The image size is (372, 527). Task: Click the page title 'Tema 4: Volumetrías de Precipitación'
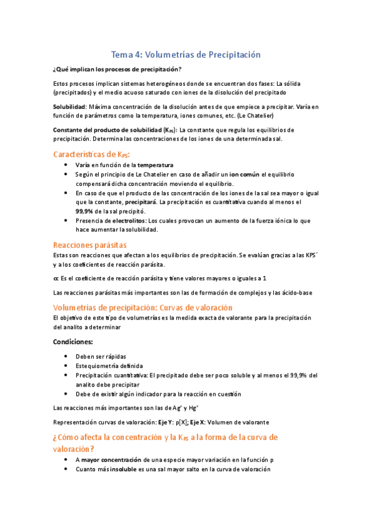pyautogui.click(x=186, y=55)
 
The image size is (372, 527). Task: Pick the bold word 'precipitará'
pyautogui.click(x=140, y=202)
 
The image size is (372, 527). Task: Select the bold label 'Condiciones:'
pyautogui.click(x=73, y=342)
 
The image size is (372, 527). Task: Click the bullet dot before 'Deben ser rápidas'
pyautogui.click(x=66, y=357)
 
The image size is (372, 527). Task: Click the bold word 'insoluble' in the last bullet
pyautogui.click(x=127, y=470)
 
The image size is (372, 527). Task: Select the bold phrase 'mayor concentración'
pyautogui.click(x=107, y=461)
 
